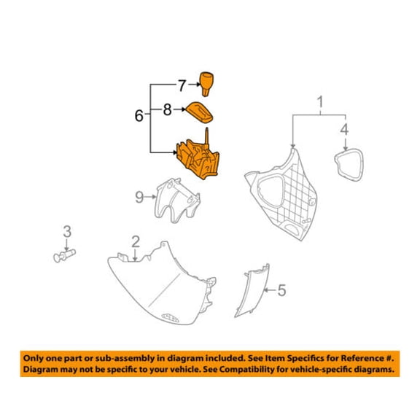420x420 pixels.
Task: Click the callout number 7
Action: [182, 86]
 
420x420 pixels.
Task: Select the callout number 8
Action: [168, 109]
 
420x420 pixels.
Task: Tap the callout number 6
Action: [139, 116]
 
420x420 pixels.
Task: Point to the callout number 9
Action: [139, 197]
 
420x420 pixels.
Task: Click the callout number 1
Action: [320, 102]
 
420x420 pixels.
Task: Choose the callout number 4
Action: [344, 129]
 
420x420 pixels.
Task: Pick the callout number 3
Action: [67, 231]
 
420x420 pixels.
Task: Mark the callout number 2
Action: [136, 241]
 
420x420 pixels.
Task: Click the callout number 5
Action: [281, 290]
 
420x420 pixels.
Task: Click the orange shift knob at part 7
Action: [206, 83]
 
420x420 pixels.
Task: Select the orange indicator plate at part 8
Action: [200, 112]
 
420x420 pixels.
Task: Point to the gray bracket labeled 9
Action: [176, 201]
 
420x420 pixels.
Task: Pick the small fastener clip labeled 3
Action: [65, 255]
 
